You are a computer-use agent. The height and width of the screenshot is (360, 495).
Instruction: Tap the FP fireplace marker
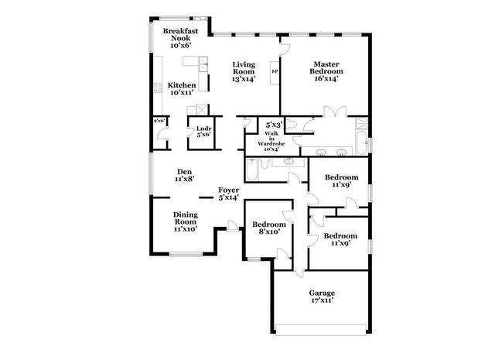point(274,74)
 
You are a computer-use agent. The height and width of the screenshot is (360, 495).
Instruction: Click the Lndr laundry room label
point(203,129)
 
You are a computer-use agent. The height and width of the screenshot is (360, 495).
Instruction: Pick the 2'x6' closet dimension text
point(159,122)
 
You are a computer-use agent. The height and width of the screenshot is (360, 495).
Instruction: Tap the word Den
point(184,172)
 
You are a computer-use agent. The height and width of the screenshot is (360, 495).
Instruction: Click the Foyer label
point(228,190)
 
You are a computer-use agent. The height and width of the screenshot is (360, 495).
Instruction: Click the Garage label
point(322,293)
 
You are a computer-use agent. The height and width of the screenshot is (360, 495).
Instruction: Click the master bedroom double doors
point(335,116)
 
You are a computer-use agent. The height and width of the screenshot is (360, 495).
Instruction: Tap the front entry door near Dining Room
point(232,227)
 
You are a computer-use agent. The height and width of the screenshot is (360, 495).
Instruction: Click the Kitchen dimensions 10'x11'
point(182,93)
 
